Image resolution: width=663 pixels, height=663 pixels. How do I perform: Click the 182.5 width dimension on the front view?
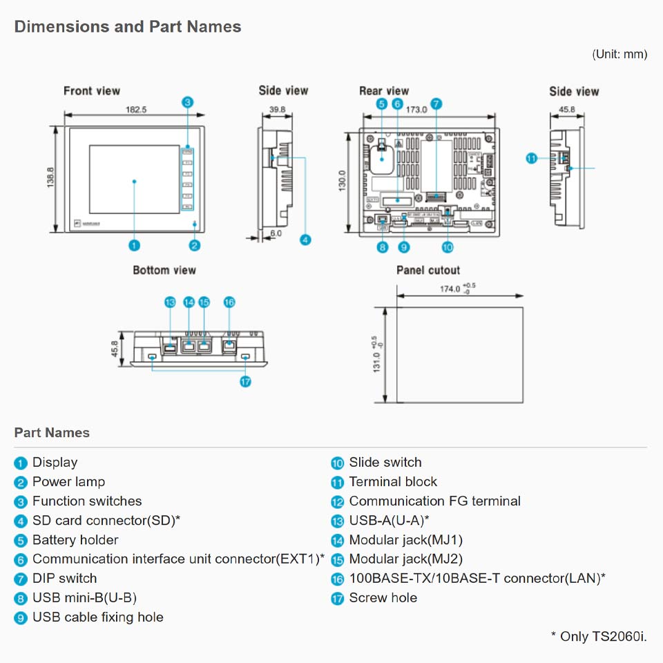(x=137, y=109)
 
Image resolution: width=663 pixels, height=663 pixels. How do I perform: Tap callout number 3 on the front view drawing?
(x=188, y=102)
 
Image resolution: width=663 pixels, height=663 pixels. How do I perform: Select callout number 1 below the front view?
(x=135, y=244)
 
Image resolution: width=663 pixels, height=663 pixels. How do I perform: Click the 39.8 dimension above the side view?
(x=278, y=109)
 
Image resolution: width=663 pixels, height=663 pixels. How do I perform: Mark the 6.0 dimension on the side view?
(x=276, y=233)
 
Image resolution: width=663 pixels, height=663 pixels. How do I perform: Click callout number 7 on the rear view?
(x=436, y=104)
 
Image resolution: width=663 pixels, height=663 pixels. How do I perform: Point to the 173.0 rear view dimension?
(x=416, y=109)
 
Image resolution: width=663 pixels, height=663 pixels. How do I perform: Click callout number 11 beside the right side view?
(x=531, y=158)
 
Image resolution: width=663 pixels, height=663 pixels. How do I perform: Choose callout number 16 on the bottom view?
(x=229, y=302)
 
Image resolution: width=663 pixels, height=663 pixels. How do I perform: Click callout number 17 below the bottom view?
(x=245, y=381)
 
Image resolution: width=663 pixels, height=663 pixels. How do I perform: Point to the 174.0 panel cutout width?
(x=450, y=289)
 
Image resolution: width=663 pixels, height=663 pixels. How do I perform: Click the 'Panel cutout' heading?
(x=427, y=270)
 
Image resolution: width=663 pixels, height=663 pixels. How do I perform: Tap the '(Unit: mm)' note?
(x=619, y=54)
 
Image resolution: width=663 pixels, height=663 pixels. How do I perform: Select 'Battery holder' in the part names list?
(x=75, y=540)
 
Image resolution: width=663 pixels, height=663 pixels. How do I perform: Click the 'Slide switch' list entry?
(x=385, y=463)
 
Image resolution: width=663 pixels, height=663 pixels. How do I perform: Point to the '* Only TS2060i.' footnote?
(x=598, y=636)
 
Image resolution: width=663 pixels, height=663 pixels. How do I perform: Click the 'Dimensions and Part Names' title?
(x=128, y=27)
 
